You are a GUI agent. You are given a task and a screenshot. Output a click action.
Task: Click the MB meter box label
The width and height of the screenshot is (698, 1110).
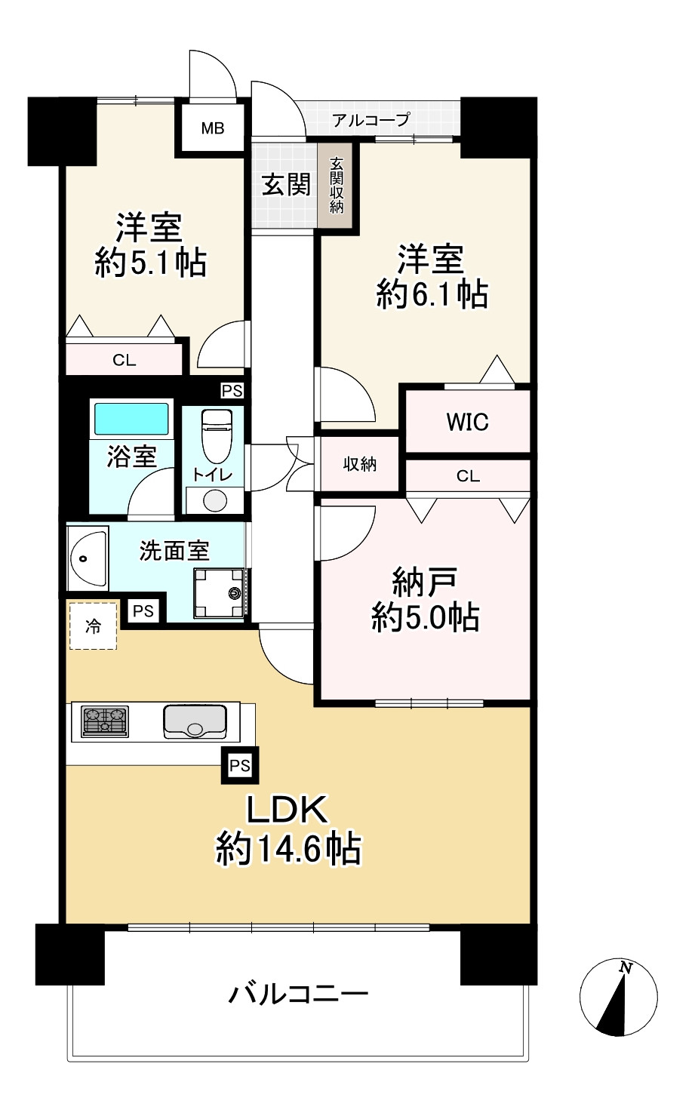click(x=212, y=128)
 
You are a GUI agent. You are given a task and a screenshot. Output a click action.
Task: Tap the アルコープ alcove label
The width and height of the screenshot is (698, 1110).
click(x=371, y=119)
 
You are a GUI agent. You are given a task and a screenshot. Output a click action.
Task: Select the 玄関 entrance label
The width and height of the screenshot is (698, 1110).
click(x=286, y=184)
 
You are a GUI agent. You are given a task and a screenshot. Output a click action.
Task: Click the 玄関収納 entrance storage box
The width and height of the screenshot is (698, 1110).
click(x=336, y=184)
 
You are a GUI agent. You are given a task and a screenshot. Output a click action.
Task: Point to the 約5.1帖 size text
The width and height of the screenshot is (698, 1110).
click(x=151, y=263)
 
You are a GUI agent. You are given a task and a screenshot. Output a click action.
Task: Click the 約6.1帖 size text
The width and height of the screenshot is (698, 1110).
click(x=432, y=294)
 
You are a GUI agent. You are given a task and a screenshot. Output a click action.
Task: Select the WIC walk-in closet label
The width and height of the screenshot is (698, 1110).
click(x=467, y=422)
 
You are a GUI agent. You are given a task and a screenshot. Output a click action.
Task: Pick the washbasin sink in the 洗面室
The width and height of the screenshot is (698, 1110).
click(x=87, y=559)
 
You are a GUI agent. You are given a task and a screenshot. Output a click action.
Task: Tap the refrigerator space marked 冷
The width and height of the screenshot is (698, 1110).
click(x=93, y=626)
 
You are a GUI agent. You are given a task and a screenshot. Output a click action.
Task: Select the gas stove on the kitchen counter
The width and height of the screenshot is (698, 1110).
click(x=105, y=721)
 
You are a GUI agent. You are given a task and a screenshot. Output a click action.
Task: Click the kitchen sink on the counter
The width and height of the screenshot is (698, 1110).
click(x=195, y=721)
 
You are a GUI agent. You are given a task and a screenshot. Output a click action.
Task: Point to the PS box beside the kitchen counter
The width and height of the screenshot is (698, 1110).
click(x=239, y=766)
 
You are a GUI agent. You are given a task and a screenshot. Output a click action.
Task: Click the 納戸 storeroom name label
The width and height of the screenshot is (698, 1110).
click(x=424, y=582)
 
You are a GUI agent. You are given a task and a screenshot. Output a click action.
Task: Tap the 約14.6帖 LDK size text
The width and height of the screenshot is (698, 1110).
click(x=288, y=849)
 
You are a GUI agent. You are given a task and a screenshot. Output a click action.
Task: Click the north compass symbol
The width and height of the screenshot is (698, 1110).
click(x=618, y=996)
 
